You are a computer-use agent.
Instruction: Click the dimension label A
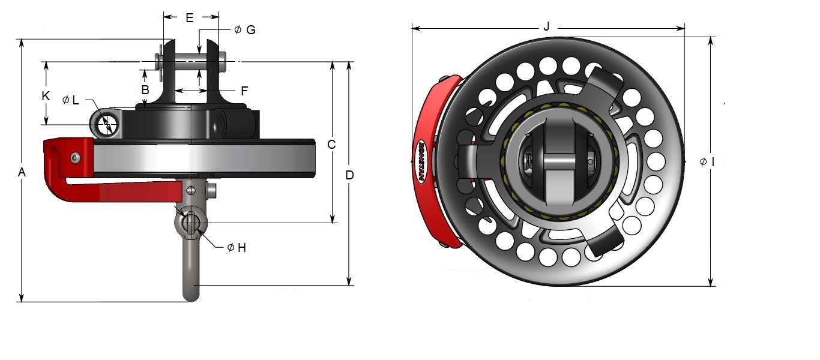coord(22,173)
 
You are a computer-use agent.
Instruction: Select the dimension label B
coord(145,89)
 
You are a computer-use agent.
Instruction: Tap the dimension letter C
coord(331,145)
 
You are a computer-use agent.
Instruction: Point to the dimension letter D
coord(349,175)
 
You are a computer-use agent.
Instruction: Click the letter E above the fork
coord(190,19)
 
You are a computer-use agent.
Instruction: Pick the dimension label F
coord(244,91)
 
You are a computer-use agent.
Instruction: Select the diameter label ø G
coord(244,29)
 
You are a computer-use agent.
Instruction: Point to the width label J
coord(546,27)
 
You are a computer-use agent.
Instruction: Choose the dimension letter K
coord(45,95)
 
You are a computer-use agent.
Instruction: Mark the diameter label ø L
coord(71,100)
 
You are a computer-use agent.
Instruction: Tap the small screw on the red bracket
coord(74,157)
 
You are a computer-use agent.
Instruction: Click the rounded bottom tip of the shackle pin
coord(191,296)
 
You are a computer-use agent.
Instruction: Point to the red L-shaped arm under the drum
coord(120,191)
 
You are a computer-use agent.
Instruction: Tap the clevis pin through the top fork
coord(192,60)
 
